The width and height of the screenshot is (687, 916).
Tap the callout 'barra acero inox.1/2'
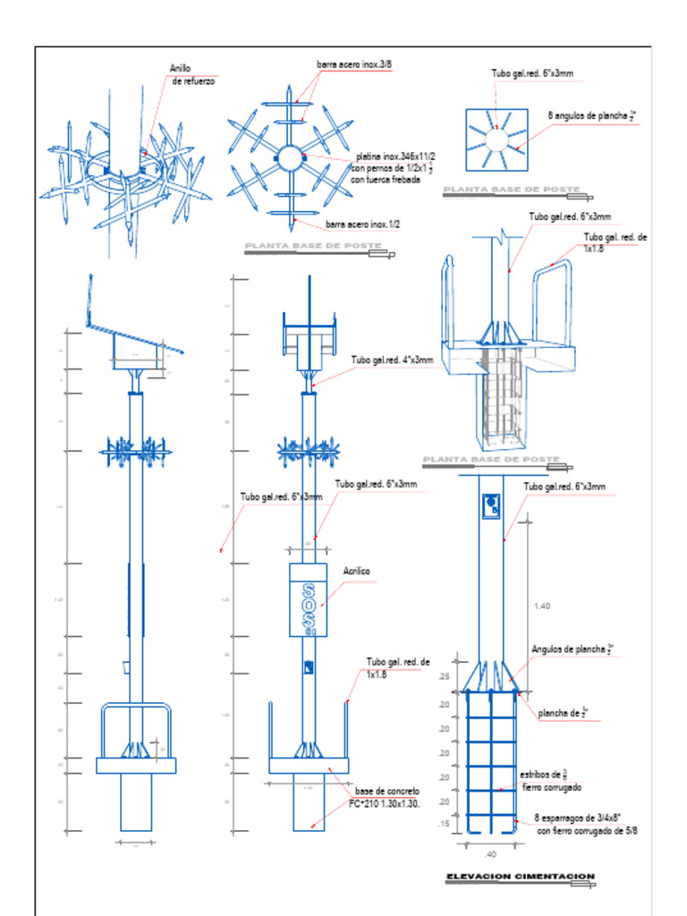pos(362,225)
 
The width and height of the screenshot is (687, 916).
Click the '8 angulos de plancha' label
pos(591,115)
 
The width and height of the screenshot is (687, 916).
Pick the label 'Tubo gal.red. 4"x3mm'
pos(392,360)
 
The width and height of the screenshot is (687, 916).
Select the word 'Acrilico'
pos(357,571)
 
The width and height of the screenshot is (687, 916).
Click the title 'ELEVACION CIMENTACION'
pos(520,877)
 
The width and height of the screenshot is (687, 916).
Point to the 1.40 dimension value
pos(541,606)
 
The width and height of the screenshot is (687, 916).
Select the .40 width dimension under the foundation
pos(489,853)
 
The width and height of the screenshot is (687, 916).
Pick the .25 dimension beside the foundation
pos(443,677)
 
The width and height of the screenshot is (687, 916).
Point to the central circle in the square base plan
pos(496,138)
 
